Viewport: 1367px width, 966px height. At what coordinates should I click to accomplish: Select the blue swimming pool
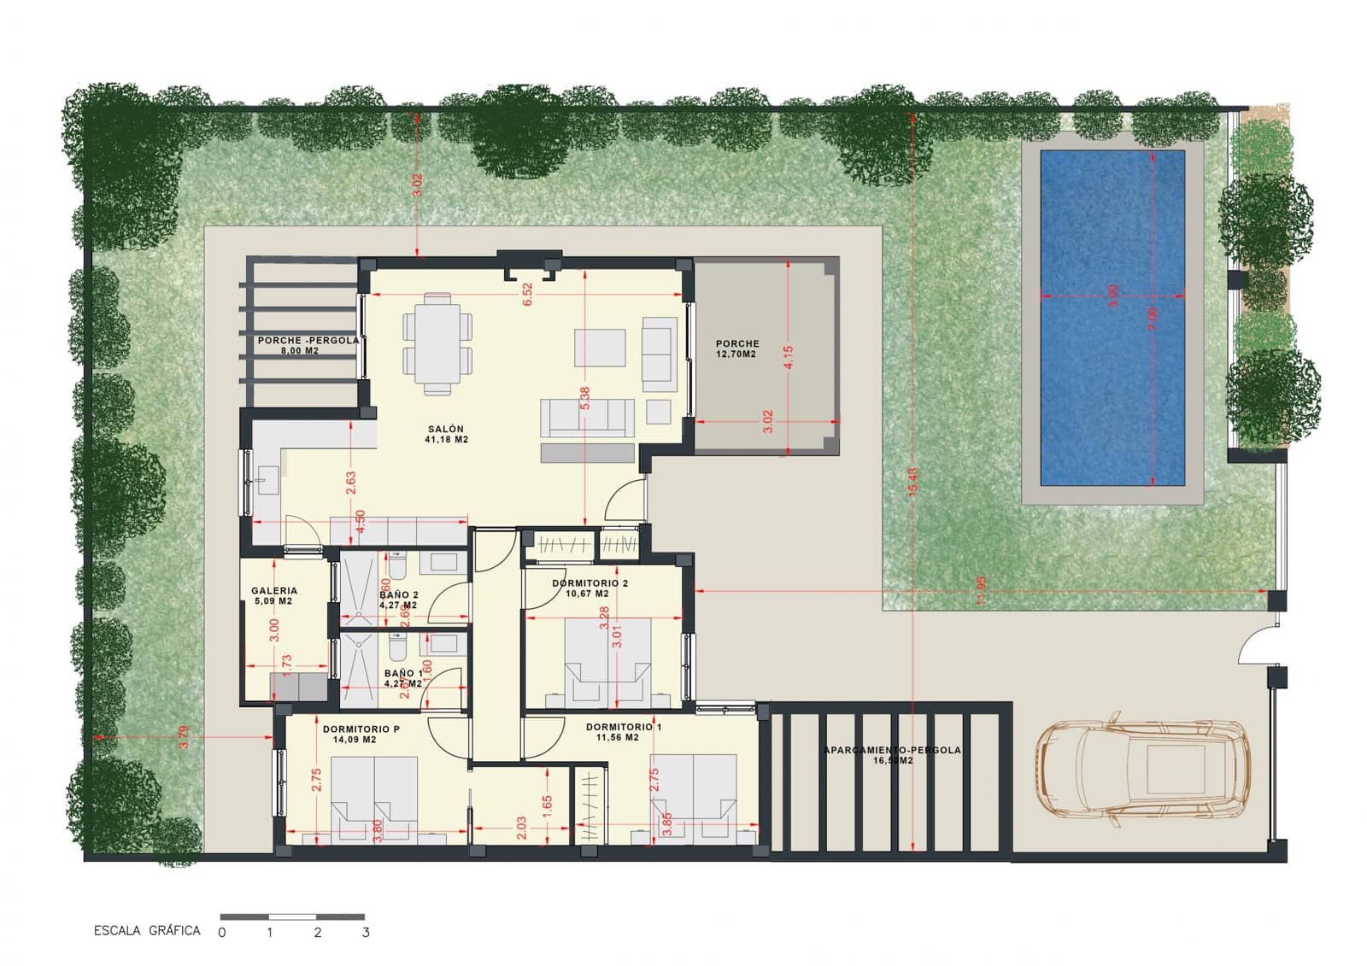click(x=1112, y=318)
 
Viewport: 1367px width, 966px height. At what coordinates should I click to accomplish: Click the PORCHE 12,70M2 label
click(x=736, y=348)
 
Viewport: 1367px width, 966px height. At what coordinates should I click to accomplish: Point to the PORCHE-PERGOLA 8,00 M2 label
click(x=308, y=345)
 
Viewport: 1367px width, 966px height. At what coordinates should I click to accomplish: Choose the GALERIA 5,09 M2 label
click(x=274, y=595)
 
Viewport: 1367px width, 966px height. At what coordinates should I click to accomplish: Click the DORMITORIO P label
click(x=361, y=734)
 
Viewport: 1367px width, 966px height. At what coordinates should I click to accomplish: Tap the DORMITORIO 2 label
click(x=590, y=588)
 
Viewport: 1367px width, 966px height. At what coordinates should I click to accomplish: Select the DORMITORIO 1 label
click(x=623, y=732)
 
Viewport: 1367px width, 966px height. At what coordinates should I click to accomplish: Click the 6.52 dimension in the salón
click(x=527, y=294)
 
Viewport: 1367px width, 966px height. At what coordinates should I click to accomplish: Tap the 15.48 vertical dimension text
click(x=913, y=484)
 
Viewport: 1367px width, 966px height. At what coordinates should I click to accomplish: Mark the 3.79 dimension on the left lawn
click(x=183, y=737)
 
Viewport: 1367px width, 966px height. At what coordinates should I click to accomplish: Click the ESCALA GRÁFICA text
click(x=147, y=931)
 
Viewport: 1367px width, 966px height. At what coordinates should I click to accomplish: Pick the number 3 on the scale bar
click(x=366, y=933)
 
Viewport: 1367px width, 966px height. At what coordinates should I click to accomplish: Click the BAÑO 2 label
click(x=398, y=600)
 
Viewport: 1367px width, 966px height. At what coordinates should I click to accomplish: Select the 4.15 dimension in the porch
click(x=788, y=357)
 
